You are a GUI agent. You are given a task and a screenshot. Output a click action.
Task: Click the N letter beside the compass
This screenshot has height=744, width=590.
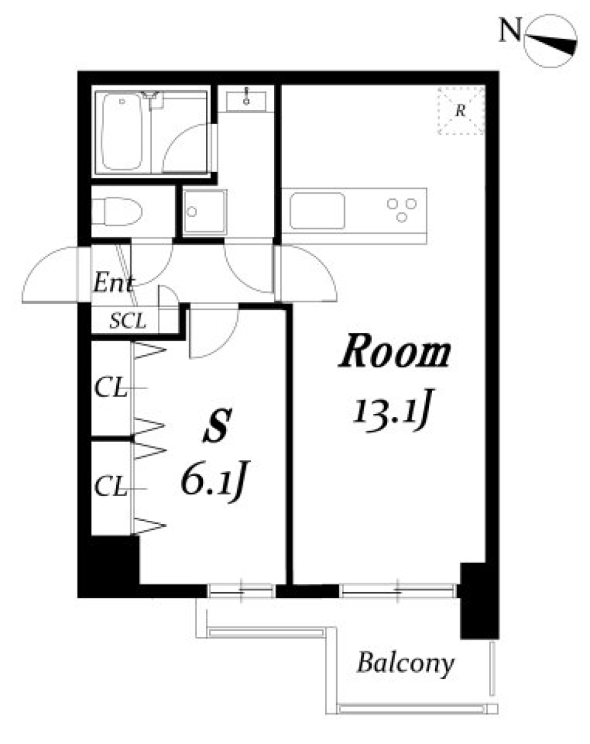(x=510, y=30)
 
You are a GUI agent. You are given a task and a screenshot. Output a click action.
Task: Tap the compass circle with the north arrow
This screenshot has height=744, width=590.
(x=551, y=41)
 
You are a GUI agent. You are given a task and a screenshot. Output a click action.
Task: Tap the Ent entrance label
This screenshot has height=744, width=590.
(x=113, y=282)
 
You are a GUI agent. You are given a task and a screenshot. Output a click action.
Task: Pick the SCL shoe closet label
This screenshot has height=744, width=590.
(x=128, y=321)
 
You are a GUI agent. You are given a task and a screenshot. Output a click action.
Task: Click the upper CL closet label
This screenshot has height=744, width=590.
(x=109, y=387)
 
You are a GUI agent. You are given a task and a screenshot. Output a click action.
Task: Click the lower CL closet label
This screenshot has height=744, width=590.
(x=109, y=487)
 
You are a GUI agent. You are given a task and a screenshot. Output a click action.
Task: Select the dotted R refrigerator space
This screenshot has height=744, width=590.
(x=461, y=111)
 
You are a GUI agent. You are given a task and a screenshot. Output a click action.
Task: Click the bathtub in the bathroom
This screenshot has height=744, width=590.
(x=122, y=132)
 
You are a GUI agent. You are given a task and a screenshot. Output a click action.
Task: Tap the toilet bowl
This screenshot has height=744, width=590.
(x=117, y=212)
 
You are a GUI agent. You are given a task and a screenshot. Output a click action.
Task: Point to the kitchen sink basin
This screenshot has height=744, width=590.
(x=318, y=210)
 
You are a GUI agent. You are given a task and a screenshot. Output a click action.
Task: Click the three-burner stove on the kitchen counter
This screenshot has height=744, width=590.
(x=401, y=210)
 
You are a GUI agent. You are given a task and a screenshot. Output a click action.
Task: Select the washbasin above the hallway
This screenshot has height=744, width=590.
(x=246, y=101)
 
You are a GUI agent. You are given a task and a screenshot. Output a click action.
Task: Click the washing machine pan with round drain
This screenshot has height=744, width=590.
(x=205, y=212)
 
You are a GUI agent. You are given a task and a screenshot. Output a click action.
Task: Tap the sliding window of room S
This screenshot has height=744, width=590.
(x=242, y=592)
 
